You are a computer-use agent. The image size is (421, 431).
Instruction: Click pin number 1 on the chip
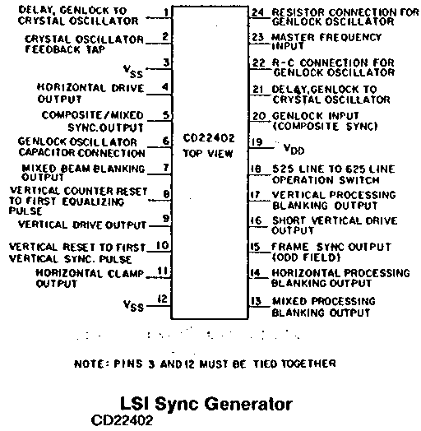point(166,12)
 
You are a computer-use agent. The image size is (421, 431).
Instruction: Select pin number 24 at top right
point(257,12)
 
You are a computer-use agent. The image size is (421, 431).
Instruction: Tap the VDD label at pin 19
point(294,149)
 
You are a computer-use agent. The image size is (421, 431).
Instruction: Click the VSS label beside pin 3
point(133,72)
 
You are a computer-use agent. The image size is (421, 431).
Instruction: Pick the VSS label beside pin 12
point(133,305)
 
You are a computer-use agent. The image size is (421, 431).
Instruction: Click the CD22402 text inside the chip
point(209,137)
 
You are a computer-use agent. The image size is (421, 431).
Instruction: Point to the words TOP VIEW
point(208,153)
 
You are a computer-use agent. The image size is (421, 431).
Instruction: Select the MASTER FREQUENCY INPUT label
point(326,41)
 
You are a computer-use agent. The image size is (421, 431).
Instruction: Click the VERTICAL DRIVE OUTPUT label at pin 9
point(82,225)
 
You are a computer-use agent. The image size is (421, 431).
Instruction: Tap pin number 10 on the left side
point(163,245)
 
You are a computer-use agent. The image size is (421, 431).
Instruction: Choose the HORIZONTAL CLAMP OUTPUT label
point(90,278)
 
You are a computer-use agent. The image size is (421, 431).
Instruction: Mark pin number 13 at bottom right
point(256,301)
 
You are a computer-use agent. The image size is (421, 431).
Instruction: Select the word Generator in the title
point(248,404)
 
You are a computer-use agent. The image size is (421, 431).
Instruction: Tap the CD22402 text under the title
point(122,420)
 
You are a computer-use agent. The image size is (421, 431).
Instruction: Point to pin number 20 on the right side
point(259,116)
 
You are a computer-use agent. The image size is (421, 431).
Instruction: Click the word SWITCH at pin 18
point(359,180)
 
